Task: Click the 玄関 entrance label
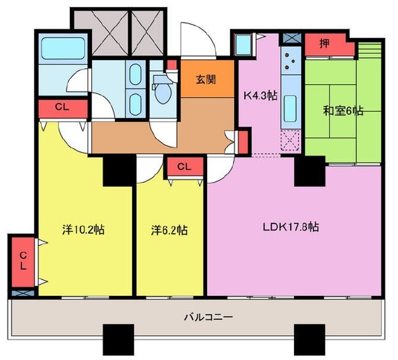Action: [x=206, y=80]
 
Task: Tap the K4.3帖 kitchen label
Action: [x=260, y=96]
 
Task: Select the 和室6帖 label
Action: [x=343, y=111]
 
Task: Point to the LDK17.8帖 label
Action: [x=291, y=227]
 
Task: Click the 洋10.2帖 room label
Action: [x=84, y=230]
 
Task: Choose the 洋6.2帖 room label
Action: [x=169, y=230]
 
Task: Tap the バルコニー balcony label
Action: [x=208, y=317]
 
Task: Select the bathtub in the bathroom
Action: [x=63, y=49]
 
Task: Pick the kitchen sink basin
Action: [x=290, y=109]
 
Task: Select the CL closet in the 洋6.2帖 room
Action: [x=185, y=167]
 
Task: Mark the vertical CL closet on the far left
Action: [x=23, y=262]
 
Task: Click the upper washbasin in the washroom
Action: [x=135, y=74]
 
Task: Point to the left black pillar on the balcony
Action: [x=118, y=340]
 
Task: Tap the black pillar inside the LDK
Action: [x=310, y=171]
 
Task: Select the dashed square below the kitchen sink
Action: [x=290, y=140]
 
